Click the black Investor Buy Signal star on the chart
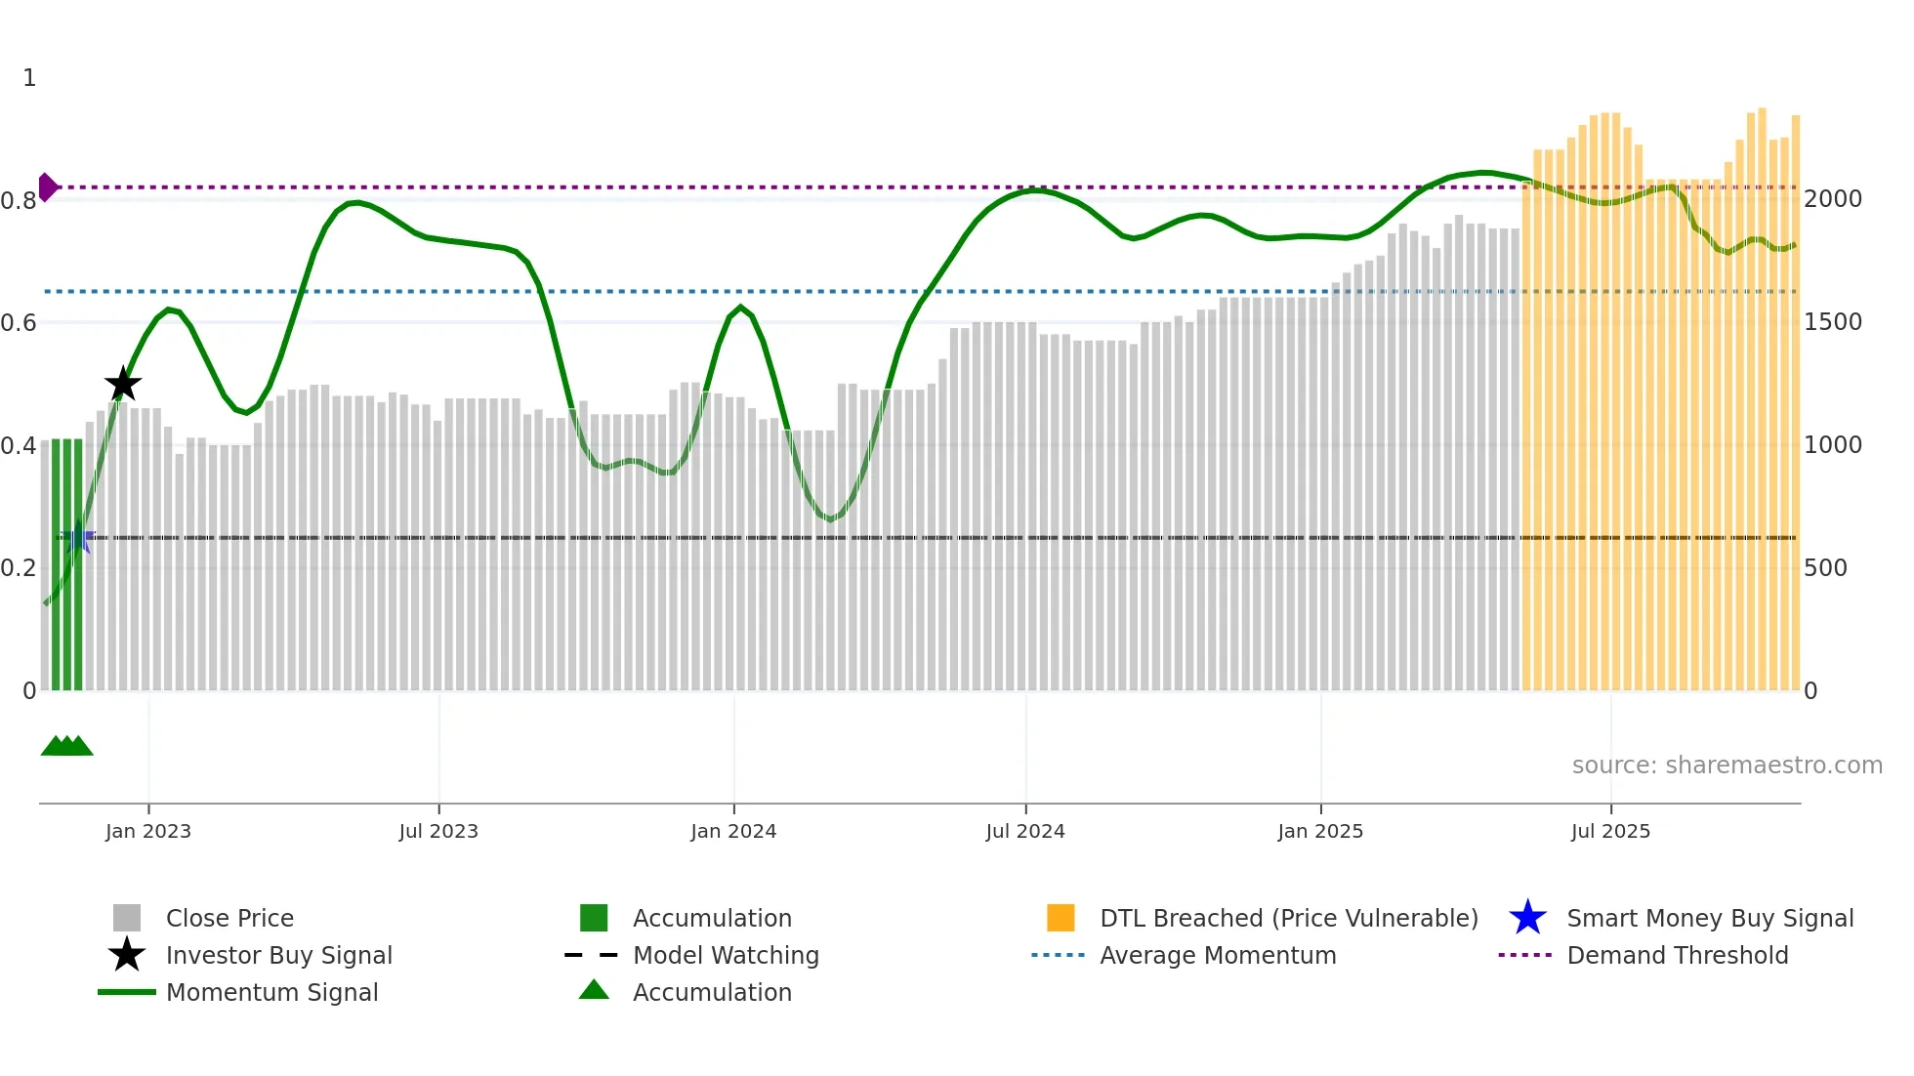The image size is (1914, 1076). coord(123,385)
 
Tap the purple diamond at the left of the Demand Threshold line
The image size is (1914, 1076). coord(47,186)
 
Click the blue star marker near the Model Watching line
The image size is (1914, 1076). coord(78,538)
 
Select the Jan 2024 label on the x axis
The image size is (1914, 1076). coord(733,832)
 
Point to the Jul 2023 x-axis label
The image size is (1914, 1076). coord(438,832)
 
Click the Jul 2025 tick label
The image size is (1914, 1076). coord(1610,832)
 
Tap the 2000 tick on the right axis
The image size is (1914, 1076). coord(1833,199)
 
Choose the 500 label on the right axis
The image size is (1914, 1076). coord(1825,568)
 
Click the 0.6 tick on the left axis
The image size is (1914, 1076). coord(19,323)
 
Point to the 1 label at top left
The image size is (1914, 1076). coord(29,78)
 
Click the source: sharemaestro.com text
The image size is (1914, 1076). coord(1727,766)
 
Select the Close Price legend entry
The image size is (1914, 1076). coord(229,919)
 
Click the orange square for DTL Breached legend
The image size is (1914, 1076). coord(1061,918)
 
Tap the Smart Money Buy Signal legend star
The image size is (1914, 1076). coord(1527,918)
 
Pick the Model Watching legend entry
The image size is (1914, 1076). coord(725,956)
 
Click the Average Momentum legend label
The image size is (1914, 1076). coord(1218,956)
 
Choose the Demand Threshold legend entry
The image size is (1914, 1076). coord(1677,956)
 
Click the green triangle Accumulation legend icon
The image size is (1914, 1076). coord(594,991)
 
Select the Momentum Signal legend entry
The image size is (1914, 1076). coord(271,993)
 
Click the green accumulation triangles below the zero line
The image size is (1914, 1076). coord(66,746)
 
